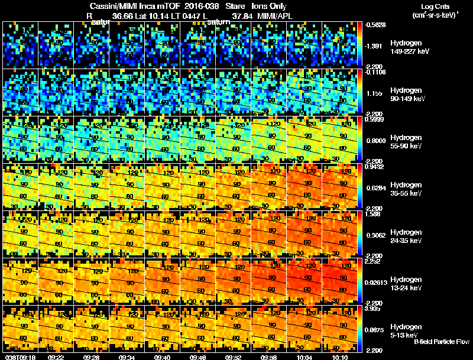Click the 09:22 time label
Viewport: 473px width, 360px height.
56,357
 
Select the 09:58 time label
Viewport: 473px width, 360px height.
268,357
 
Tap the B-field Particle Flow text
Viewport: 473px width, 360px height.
441,342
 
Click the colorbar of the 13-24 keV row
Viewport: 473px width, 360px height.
361,281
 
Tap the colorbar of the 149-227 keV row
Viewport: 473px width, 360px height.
361,44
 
